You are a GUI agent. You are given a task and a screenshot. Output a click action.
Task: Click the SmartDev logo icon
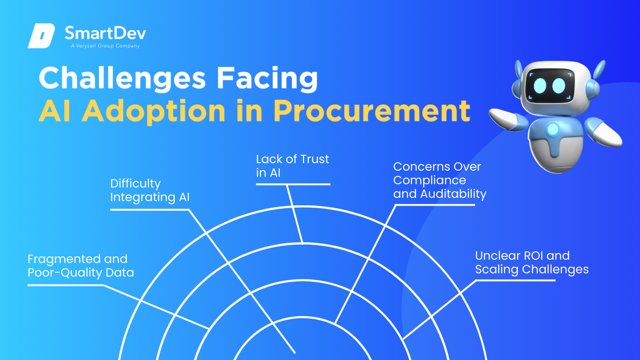pos(41,36)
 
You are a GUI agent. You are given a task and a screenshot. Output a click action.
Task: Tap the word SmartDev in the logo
pos(105,33)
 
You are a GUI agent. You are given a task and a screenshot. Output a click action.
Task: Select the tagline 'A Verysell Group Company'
pos(105,46)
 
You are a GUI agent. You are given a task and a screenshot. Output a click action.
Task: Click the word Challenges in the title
pos(122,78)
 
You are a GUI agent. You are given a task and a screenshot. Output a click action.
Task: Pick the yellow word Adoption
pos(154,111)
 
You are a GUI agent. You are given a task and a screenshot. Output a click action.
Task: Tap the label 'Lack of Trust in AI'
pos(292,166)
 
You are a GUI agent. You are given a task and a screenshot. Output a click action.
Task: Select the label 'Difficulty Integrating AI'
pos(150,190)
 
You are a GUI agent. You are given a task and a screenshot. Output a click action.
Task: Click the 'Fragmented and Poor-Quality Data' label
pos(81,266)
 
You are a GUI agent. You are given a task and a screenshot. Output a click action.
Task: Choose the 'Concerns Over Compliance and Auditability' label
pos(440,180)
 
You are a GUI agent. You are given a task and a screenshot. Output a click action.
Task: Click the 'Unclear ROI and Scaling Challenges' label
pos(532,263)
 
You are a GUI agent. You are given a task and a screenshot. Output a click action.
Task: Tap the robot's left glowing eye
pos(540,85)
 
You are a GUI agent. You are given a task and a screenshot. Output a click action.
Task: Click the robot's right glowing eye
pos(559,85)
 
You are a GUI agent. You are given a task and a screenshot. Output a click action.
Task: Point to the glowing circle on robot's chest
pos(553,129)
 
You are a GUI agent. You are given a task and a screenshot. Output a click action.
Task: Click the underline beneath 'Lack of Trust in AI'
pos(293,184)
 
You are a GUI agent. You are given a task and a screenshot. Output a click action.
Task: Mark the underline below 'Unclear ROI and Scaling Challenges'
pos(515,280)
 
